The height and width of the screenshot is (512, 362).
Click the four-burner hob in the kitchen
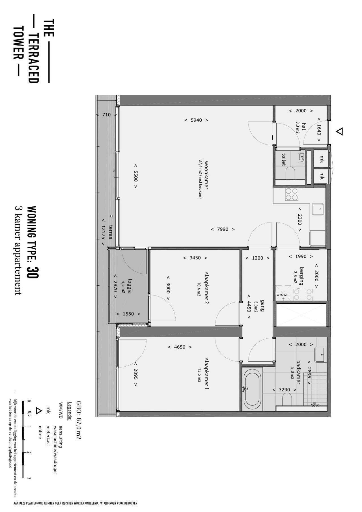[x=292, y=194]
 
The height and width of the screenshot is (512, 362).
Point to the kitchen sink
[x=318, y=209]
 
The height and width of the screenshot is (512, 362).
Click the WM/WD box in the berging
[x=283, y=292]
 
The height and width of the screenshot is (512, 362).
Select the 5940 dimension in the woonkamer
[x=196, y=120]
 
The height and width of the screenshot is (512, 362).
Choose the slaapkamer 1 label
[x=206, y=374]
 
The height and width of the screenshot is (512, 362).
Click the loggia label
[x=130, y=286]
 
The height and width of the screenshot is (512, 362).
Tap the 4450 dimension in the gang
[x=249, y=306]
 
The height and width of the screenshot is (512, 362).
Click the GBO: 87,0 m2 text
[x=79, y=420]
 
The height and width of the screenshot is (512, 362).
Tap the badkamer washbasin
[x=320, y=355]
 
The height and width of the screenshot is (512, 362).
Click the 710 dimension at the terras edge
[x=106, y=115]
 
